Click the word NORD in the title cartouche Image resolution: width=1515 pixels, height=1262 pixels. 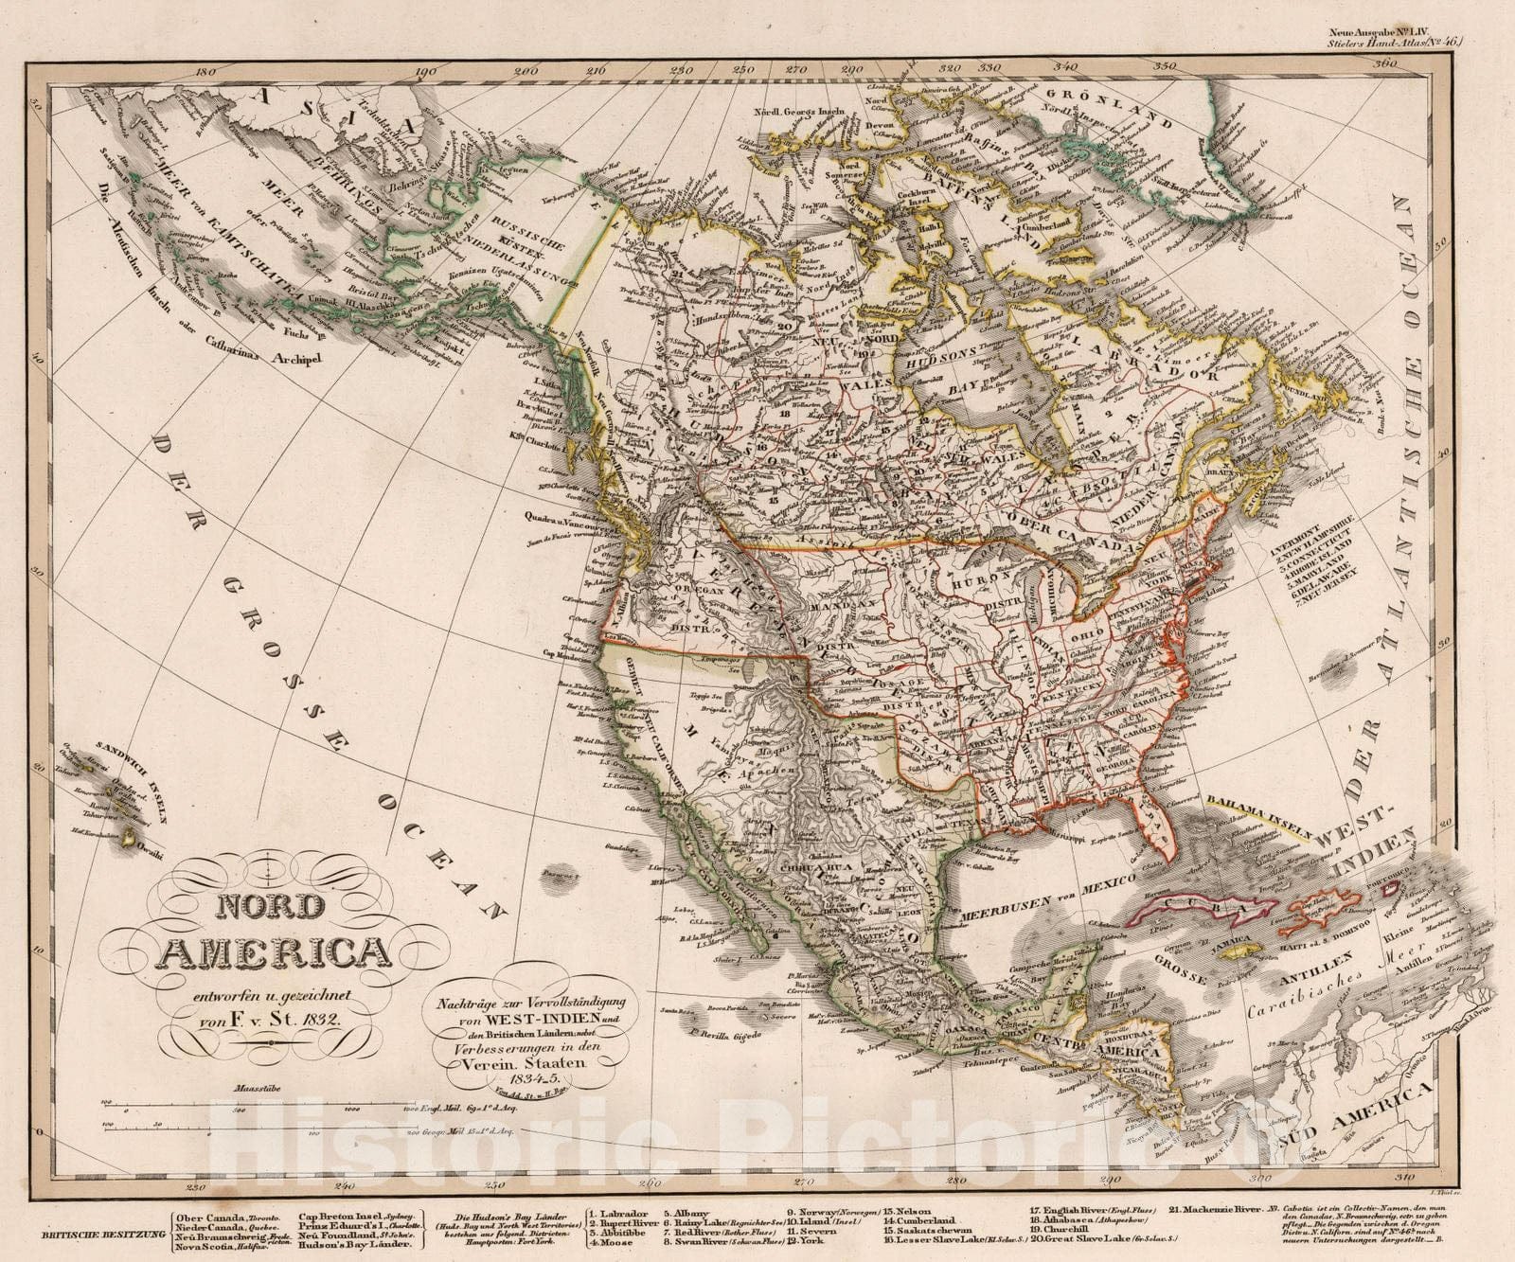point(270,906)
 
